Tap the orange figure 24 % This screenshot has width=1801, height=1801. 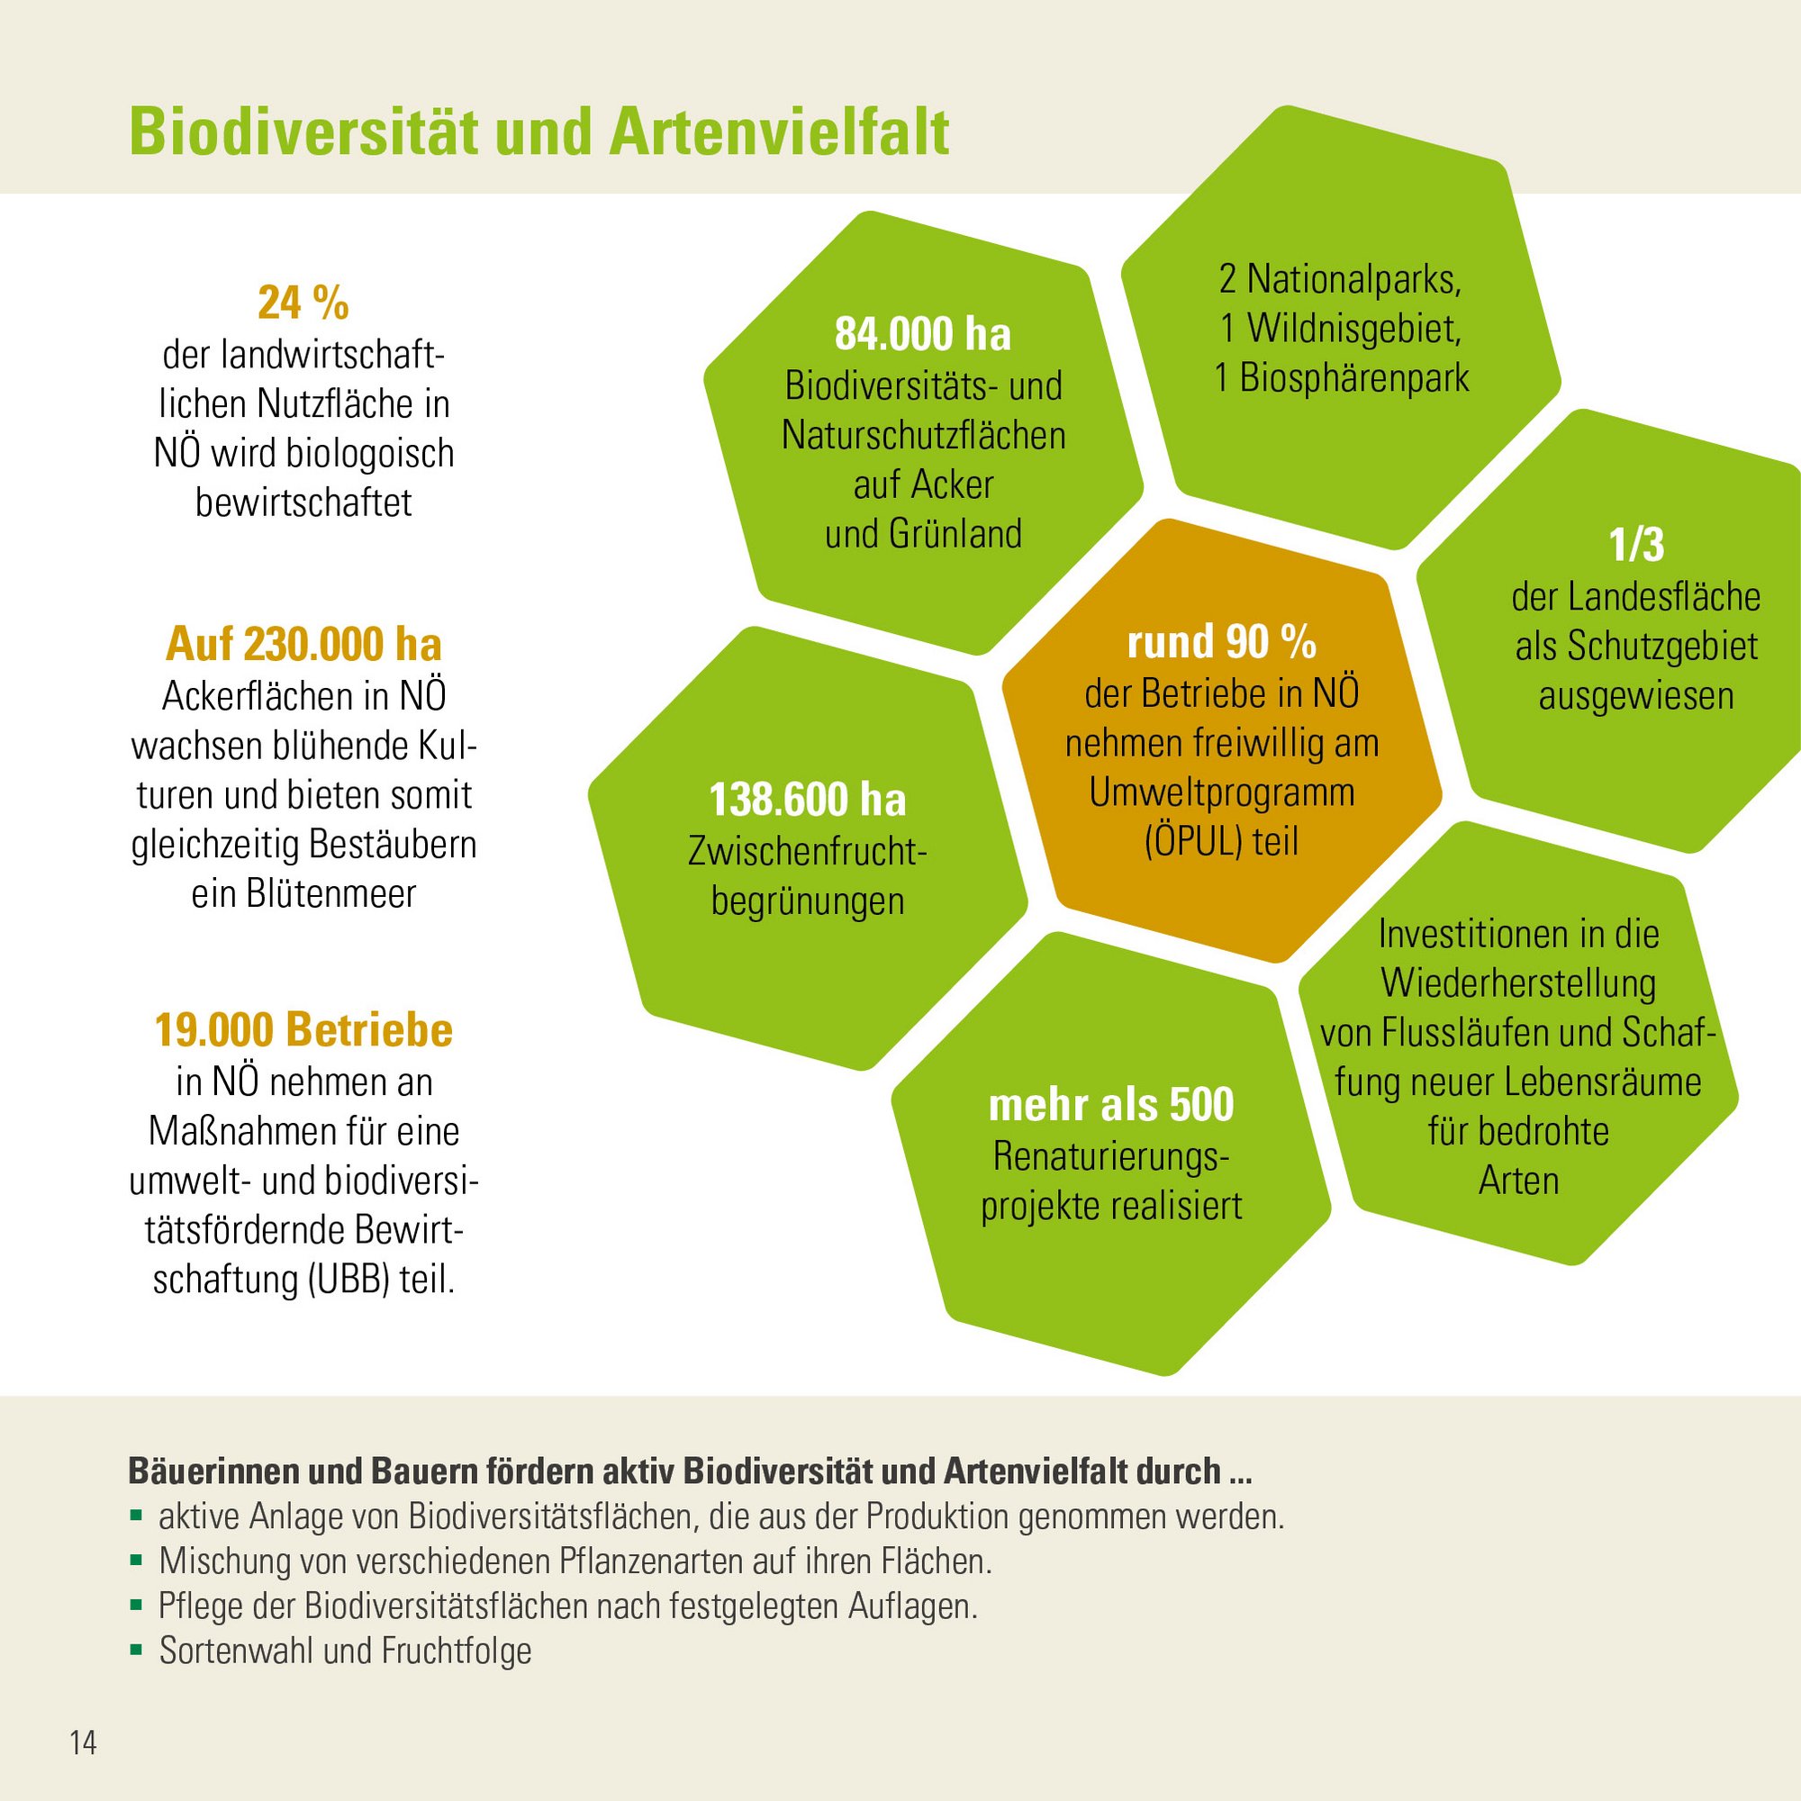click(303, 303)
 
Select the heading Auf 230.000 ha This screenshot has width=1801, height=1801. click(303, 644)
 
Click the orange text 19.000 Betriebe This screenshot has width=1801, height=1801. click(303, 1030)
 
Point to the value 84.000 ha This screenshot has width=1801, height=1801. click(922, 334)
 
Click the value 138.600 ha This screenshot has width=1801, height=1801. click(807, 800)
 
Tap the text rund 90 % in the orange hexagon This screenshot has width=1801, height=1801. click(1221, 642)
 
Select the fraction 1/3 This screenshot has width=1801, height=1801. click(1636, 547)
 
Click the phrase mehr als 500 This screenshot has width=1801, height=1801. click(1110, 1106)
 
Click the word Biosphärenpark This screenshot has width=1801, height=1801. click(1353, 378)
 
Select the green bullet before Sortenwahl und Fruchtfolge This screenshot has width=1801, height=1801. click(137, 1651)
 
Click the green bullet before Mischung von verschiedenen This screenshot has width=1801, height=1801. click(137, 1561)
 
